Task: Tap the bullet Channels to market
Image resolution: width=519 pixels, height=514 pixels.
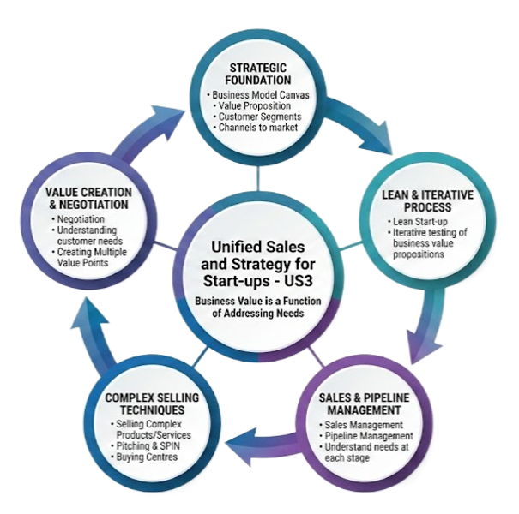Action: click(257, 128)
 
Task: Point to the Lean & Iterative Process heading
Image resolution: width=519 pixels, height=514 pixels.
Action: click(427, 201)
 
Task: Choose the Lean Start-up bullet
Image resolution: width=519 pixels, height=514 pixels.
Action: click(417, 223)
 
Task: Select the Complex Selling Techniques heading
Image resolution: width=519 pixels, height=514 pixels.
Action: click(151, 404)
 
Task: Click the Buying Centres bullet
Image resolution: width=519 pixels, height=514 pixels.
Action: click(148, 457)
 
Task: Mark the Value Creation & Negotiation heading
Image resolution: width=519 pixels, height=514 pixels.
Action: click(89, 200)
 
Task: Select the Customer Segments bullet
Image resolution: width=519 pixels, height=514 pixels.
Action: click(258, 117)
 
